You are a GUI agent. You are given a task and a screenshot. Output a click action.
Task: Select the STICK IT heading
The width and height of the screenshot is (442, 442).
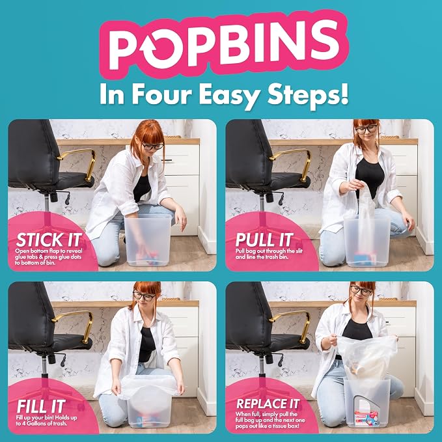49,240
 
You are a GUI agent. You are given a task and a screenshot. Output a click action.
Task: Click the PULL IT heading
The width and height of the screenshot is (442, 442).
264,240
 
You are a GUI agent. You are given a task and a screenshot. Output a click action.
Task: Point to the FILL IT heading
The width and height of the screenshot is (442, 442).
41,406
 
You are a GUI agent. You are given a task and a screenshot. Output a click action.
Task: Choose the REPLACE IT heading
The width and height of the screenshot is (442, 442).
268,404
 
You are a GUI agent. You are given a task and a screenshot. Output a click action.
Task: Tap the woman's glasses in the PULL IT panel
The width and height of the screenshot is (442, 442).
366,129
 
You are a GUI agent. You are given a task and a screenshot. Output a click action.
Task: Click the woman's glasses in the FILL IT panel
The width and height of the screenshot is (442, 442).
144,296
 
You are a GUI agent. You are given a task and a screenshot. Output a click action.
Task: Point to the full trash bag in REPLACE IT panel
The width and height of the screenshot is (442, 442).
367,357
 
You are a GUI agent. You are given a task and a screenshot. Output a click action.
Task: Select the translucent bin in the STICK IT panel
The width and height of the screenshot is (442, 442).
148,240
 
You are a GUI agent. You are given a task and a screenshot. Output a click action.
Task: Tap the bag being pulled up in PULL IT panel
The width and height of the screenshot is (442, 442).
365,214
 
